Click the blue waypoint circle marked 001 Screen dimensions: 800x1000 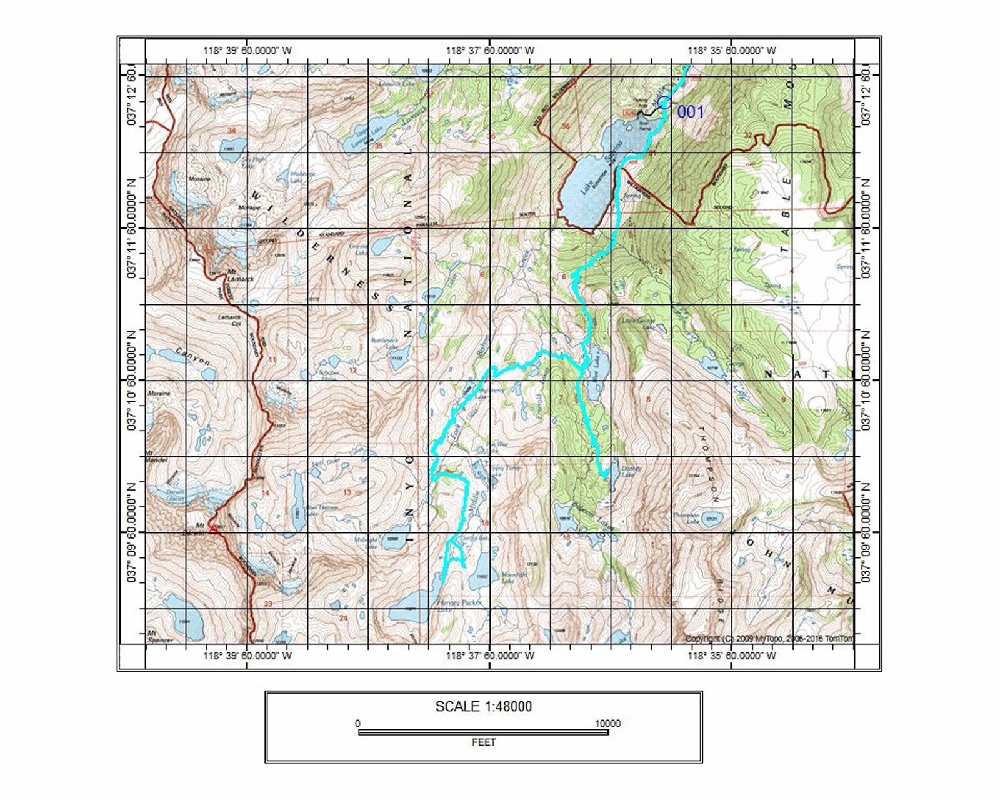[x=664, y=102]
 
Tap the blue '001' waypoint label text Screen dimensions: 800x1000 [x=690, y=112]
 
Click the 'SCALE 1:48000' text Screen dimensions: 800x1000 [x=483, y=707]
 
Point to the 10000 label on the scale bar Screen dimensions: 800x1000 [x=607, y=723]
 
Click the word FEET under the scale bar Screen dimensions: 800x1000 [x=483, y=742]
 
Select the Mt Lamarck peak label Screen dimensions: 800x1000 [x=240, y=276]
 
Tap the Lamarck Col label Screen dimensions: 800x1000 [x=229, y=320]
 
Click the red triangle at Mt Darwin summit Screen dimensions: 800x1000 [x=212, y=528]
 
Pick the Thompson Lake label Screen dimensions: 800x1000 [x=686, y=518]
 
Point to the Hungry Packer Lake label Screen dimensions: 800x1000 [x=459, y=603]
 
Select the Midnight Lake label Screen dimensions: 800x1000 [x=366, y=543]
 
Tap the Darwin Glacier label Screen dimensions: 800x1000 [x=175, y=495]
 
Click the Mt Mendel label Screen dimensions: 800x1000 [x=156, y=457]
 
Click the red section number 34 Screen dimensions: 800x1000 [x=231, y=131]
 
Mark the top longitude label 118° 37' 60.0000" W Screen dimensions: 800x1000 [x=490, y=51]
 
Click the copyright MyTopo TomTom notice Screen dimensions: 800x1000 [x=768, y=638]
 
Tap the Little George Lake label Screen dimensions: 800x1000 [x=638, y=323]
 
